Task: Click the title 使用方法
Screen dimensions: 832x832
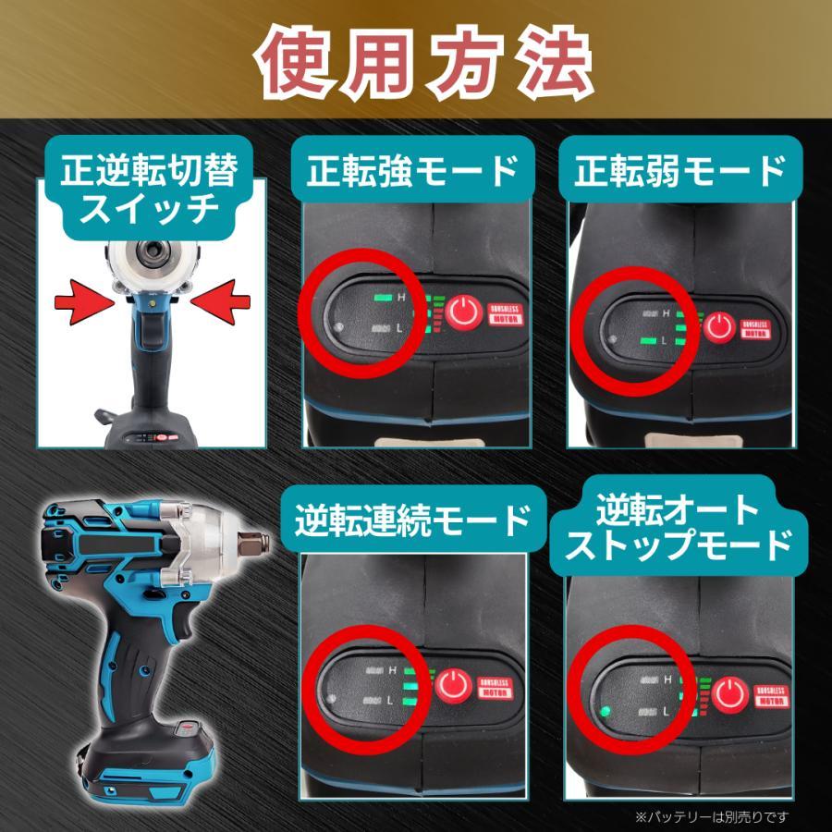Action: pos(416,64)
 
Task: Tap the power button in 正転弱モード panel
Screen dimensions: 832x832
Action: pos(720,326)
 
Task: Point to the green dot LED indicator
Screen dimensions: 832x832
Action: pos(606,712)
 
